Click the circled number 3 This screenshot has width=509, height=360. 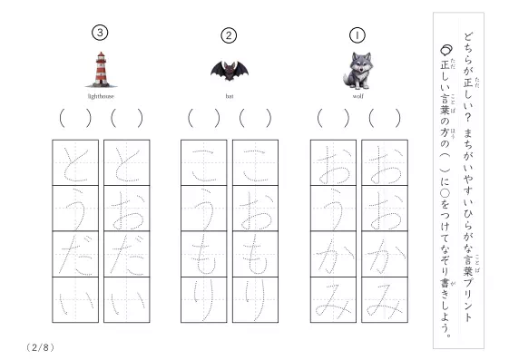pos(100,33)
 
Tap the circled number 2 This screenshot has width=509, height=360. pos(229,35)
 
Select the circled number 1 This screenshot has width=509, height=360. pos(357,35)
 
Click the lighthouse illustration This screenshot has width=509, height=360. pos(101,70)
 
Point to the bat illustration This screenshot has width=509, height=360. pos(230,71)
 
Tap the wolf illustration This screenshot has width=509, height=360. pos(357,71)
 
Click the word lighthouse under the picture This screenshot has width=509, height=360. pos(101,96)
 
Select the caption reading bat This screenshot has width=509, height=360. pos(230,96)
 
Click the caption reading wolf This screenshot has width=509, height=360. pos(358,96)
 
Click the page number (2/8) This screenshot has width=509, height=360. pos(40,347)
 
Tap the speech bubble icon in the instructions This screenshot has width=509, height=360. pos(446,50)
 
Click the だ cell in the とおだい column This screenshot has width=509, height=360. pos(127,254)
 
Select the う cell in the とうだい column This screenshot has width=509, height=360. pos(75,209)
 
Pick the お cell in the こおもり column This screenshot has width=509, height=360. pos(256,209)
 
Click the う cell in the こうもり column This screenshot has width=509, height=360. pos(204,209)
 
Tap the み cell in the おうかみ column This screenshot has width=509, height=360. pos(333,299)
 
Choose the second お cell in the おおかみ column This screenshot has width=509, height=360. pos(385,209)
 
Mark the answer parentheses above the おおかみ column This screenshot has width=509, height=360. pos(385,118)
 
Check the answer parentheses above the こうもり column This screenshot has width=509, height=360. pos(204,118)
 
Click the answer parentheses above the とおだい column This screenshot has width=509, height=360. pos(127,118)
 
